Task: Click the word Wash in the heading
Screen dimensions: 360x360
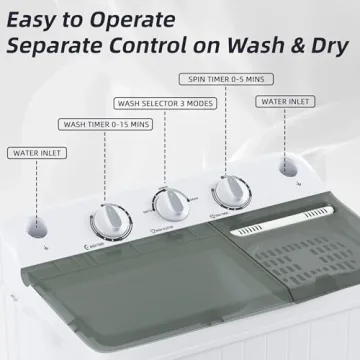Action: [x=269, y=47]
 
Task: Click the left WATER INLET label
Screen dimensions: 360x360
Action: [x=37, y=154]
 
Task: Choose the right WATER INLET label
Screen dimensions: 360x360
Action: [x=286, y=102]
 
